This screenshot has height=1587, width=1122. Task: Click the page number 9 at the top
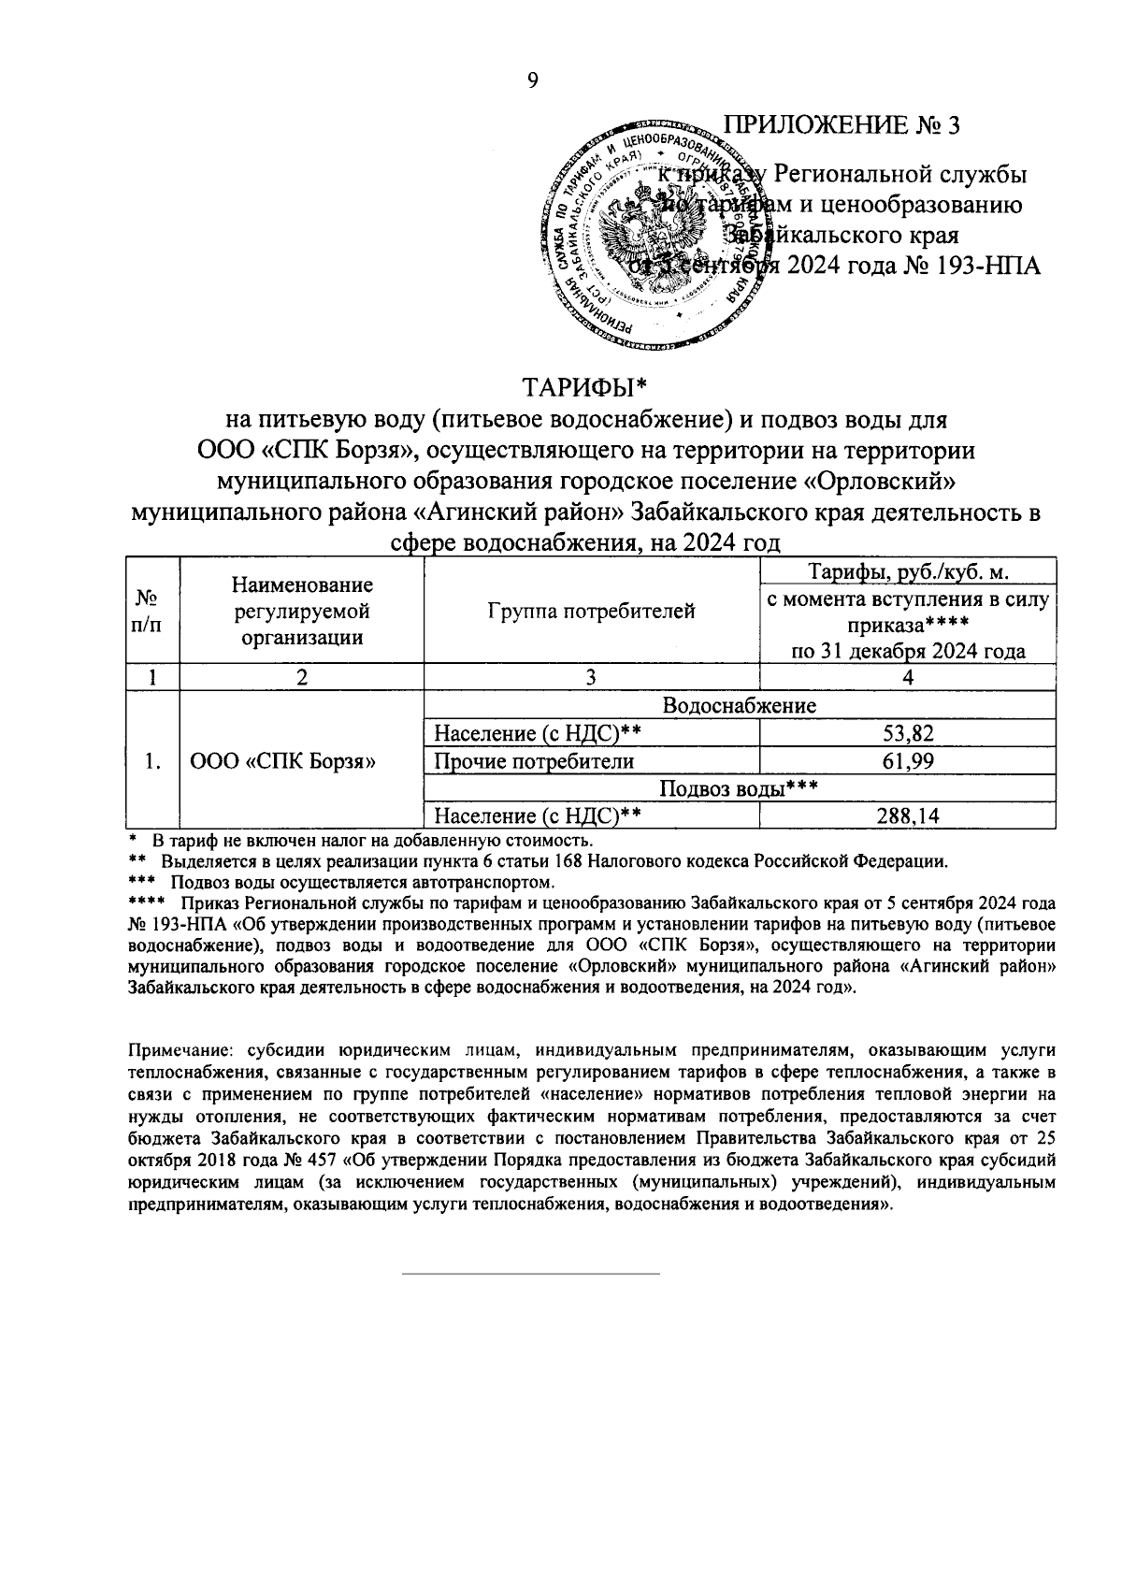click(532, 81)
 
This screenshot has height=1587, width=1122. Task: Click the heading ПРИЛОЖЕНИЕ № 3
click(844, 125)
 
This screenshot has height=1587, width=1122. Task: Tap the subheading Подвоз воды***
click(739, 788)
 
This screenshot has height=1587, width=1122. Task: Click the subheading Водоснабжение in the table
click(739, 705)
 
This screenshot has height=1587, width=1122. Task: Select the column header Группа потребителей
click(591, 612)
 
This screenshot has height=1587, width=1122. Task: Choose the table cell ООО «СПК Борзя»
click(283, 761)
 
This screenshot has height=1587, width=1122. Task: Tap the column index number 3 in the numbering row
click(591, 678)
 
